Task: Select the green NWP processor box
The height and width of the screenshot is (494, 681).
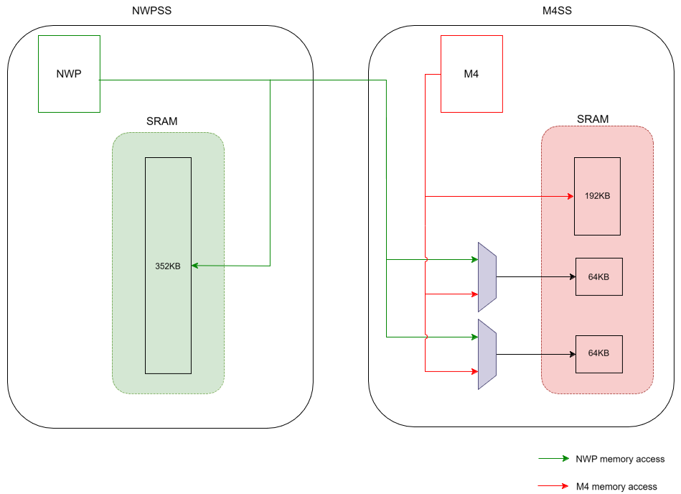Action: pyautogui.click(x=69, y=74)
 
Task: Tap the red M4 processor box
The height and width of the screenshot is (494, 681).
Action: pyautogui.click(x=471, y=74)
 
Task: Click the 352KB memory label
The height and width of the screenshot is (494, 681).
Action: pyautogui.click(x=168, y=266)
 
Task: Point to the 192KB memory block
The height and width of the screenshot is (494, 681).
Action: pyautogui.click(x=597, y=196)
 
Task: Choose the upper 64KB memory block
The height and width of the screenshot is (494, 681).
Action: pyautogui.click(x=598, y=276)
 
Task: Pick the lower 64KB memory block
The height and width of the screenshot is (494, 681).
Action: pyautogui.click(x=598, y=353)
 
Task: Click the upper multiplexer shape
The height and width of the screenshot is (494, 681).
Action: pyautogui.click(x=487, y=276)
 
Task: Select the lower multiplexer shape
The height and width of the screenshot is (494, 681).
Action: pyautogui.click(x=487, y=354)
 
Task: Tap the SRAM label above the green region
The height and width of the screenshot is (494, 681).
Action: pyautogui.click(x=162, y=121)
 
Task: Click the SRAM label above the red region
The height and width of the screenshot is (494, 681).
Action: pyautogui.click(x=593, y=119)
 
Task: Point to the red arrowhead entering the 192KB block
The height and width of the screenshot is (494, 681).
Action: pyautogui.click(x=570, y=196)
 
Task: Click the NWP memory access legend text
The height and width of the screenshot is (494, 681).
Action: pyautogui.click(x=620, y=459)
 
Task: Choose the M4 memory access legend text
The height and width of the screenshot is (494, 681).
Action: pyautogui.click(x=616, y=486)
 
